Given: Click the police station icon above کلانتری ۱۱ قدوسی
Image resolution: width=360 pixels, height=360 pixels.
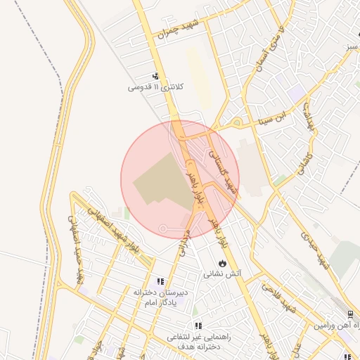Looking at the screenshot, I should pos(155,76).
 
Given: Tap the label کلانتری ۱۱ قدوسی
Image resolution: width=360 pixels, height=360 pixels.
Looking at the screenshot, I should pos(155,88).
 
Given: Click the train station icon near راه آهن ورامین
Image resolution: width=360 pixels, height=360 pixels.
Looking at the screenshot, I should pos(351,314).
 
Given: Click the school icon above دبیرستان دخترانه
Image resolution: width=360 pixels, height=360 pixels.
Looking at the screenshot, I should pos(160,281).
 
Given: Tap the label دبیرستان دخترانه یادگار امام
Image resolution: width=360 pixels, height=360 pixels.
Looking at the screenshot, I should pos(160,296).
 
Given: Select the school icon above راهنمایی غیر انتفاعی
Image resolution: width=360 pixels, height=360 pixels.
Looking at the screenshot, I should pos(198,326).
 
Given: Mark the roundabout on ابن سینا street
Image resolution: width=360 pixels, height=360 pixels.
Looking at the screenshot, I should pos(237,124).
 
